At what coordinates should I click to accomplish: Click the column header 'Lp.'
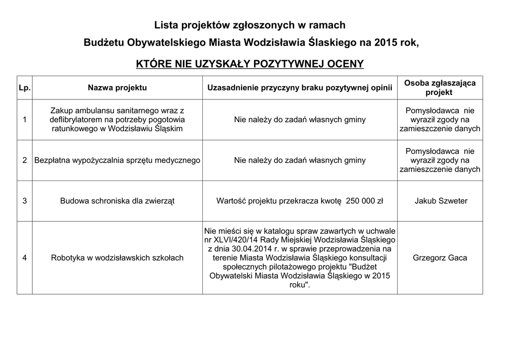pyautogui.click(x=24, y=88)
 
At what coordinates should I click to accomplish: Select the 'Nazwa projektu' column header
pyautogui.click(x=117, y=88)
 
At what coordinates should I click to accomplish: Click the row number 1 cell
pyautogui.click(x=24, y=120)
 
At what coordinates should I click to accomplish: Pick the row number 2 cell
pyautogui.click(x=24, y=160)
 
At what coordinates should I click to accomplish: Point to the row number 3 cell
pyautogui.click(x=24, y=201)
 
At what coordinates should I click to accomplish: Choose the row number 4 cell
pyautogui.click(x=24, y=258)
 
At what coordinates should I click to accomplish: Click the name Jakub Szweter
pyautogui.click(x=440, y=201)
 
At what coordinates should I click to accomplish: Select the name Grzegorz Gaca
pyautogui.click(x=440, y=258)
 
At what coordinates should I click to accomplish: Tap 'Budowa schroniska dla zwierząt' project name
pyautogui.click(x=117, y=201)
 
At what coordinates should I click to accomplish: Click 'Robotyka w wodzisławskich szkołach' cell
pyautogui.click(x=117, y=258)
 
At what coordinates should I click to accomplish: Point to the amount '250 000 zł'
pyautogui.click(x=364, y=201)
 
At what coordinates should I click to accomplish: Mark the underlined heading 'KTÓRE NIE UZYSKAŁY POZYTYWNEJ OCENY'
pyautogui.click(x=250, y=64)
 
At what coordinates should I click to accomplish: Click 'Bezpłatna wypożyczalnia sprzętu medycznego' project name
pyautogui.click(x=117, y=160)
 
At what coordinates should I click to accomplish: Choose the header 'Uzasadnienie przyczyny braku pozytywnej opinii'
pyautogui.click(x=300, y=88)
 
